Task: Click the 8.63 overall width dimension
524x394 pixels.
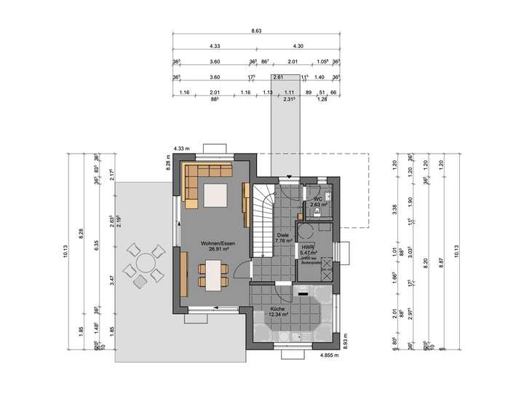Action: (x=256, y=31)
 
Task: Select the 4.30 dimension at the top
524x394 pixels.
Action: (x=298, y=47)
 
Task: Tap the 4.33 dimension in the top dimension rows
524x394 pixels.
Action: (x=215, y=47)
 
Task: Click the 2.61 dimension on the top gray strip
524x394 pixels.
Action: (x=278, y=76)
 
